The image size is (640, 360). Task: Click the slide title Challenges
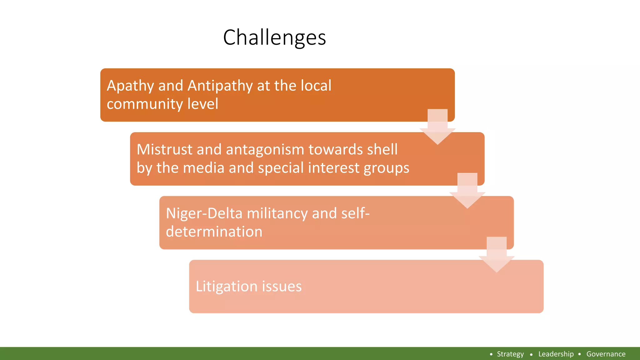274,37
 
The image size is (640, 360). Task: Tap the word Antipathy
220,86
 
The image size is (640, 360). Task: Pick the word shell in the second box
382,149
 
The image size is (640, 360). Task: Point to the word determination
214,232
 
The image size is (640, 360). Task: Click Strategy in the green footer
510,354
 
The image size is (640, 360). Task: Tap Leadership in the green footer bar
556,354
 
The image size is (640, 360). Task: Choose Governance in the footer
606,354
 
